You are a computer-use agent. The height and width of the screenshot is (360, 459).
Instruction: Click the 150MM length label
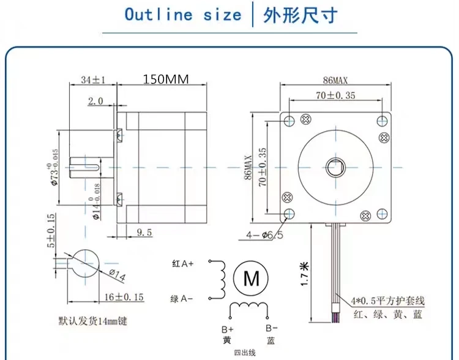[166, 79]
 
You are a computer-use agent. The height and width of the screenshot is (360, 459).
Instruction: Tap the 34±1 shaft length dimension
[93, 80]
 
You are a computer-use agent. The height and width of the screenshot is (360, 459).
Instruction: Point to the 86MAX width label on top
[335, 80]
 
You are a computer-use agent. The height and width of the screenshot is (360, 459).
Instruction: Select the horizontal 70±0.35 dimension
[335, 95]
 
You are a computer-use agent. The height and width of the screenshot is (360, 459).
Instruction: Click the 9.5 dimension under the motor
[144, 232]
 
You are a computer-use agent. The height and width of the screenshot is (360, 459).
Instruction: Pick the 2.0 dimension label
[96, 101]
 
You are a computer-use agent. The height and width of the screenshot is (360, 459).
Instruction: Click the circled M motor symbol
[252, 279]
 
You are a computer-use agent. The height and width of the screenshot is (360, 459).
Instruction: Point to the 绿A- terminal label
[182, 299]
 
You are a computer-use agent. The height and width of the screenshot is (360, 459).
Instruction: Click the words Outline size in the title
[183, 15]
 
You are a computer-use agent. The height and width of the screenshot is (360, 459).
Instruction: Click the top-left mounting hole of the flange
[290, 119]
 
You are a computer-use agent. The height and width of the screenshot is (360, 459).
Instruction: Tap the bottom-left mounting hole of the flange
[290, 213]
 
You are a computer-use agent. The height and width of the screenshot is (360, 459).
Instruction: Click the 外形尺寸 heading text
[300, 15]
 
